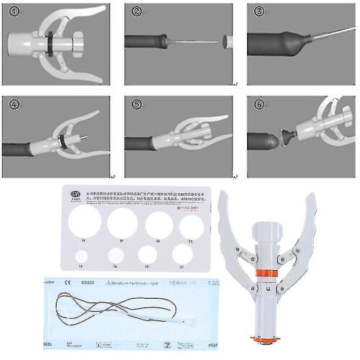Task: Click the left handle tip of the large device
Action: pos(223,194)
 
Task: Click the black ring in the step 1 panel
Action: pos(52,40)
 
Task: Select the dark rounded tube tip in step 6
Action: pos(264,137)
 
